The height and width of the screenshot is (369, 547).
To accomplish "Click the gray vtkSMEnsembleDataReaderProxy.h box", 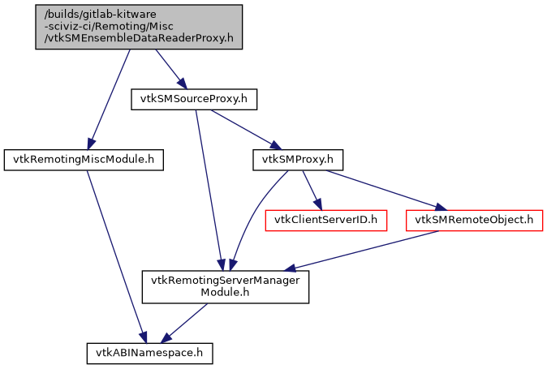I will [x=138, y=26].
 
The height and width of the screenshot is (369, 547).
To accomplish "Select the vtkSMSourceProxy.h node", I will [x=194, y=100].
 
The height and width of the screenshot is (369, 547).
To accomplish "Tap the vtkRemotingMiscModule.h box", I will [x=84, y=160].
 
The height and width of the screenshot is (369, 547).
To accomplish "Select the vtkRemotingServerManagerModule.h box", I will [x=226, y=287].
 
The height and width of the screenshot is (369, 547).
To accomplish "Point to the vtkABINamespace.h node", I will [x=150, y=353].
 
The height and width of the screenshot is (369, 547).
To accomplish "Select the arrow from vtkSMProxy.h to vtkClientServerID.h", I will [x=311, y=189].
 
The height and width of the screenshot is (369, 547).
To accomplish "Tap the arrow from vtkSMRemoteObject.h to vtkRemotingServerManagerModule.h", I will [x=365, y=250].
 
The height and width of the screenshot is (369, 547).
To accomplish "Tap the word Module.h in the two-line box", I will [x=226, y=294].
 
